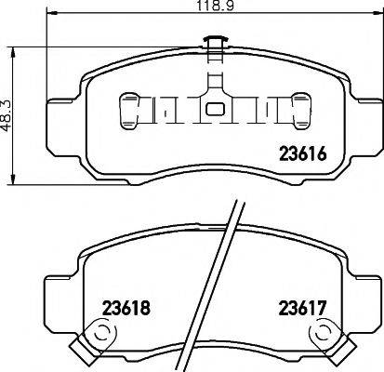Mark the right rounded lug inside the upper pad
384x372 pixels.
tap(300, 109)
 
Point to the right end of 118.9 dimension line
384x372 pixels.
tap(377, 20)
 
